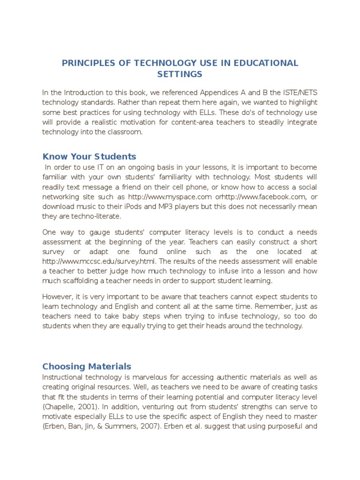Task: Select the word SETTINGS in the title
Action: [180, 74]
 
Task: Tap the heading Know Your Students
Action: [89, 157]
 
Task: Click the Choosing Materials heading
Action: [87, 367]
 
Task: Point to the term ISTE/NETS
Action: [298, 92]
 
